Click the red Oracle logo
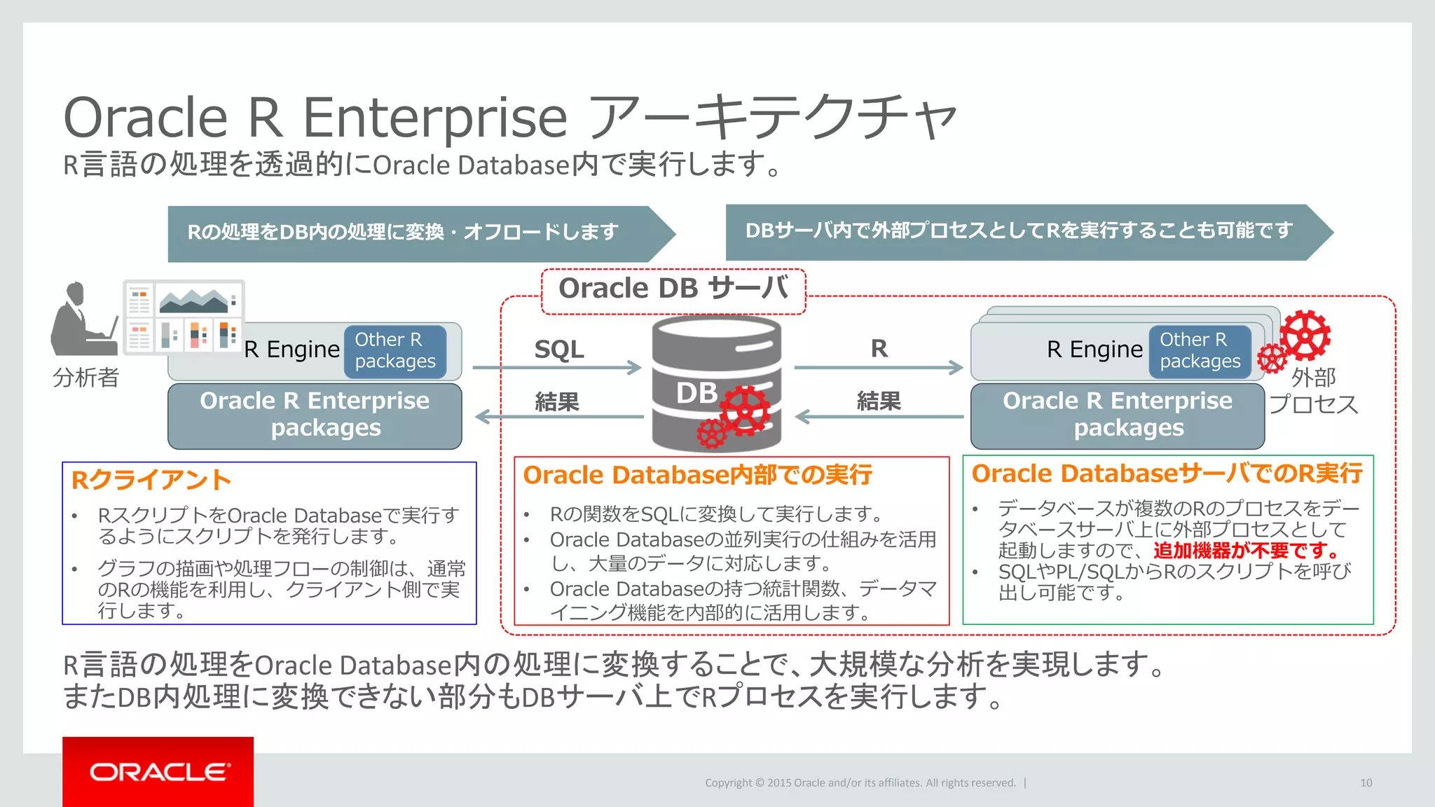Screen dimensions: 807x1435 click(158, 771)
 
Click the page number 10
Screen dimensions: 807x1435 click(1366, 782)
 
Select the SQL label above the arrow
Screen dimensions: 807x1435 click(558, 349)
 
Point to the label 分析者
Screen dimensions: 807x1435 click(85, 378)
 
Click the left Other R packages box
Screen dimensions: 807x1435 click(395, 351)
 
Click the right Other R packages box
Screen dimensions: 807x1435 click(1200, 351)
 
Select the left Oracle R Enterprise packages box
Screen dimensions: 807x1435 click(315, 415)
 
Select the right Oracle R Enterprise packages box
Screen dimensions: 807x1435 click(1117, 415)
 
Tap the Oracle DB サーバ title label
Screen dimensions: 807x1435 click(673, 289)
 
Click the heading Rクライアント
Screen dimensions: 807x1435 click(151, 480)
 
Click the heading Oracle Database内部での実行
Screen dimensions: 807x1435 click(697, 475)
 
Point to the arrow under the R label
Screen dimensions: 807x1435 click(879, 367)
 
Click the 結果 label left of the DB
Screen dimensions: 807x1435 click(557, 401)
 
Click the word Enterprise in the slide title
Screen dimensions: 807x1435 click(434, 118)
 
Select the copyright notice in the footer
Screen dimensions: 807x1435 click(860, 782)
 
